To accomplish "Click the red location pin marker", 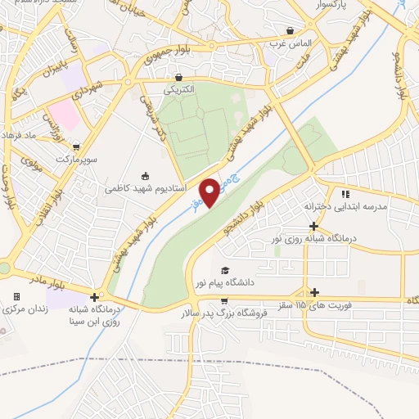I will [x=210, y=191].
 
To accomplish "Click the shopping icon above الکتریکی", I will [x=178, y=78].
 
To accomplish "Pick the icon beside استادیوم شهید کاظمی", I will [x=146, y=175].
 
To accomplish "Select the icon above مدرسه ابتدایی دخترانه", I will [x=345, y=194].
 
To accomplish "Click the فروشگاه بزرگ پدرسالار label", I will [x=225, y=312].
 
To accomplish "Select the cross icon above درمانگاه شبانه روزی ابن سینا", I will [x=96, y=298].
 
